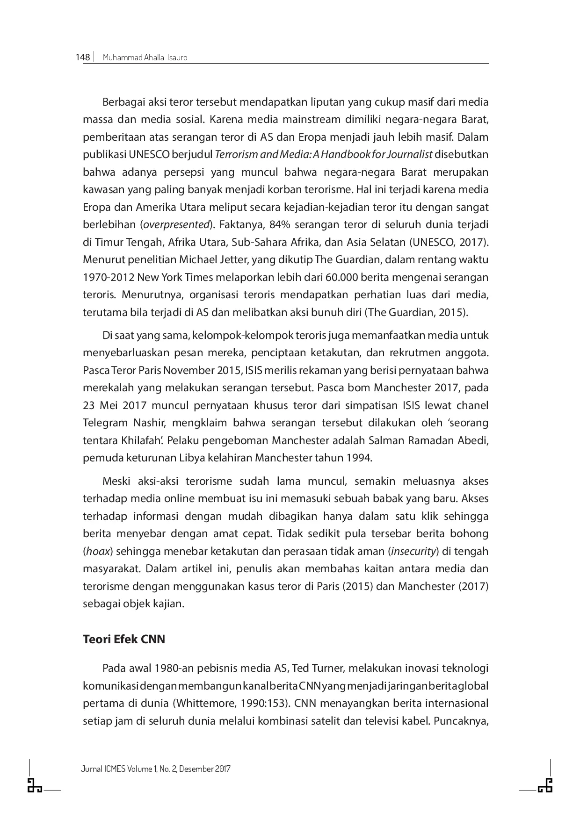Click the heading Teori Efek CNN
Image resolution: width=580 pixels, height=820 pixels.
click(x=124, y=639)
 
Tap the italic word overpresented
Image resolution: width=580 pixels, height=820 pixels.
click(x=176, y=224)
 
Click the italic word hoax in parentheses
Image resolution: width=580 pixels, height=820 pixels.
click(x=98, y=551)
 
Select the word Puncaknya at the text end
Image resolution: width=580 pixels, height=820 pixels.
click(x=461, y=720)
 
